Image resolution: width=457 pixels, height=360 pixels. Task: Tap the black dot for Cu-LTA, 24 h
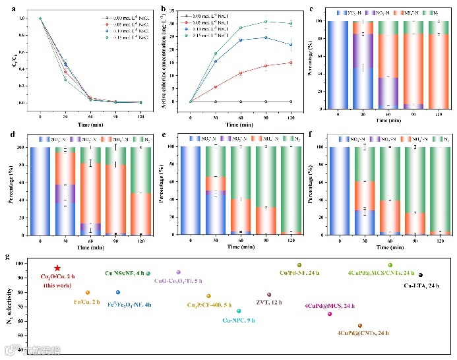coord(421,275)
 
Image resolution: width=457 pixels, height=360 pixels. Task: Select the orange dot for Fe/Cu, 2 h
coord(87,292)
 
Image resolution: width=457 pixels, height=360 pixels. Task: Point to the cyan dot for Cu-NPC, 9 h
coord(238,311)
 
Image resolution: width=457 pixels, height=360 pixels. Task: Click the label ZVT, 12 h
coord(273,303)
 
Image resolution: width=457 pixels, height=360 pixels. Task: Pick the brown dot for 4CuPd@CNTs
coord(359,326)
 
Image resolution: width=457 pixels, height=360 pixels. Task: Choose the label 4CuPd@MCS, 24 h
coord(330,306)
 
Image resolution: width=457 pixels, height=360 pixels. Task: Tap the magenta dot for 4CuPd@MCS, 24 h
coord(330,314)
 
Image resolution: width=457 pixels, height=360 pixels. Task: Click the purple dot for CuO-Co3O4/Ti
coord(178,272)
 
